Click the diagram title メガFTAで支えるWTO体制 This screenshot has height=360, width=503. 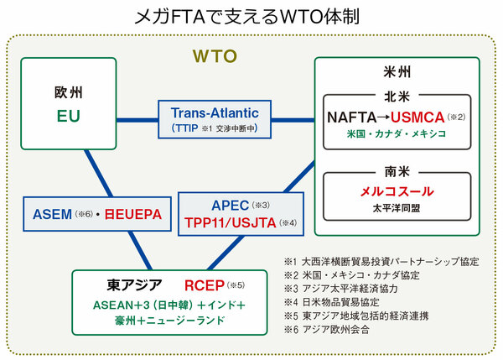[251, 16]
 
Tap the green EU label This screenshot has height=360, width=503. [69, 115]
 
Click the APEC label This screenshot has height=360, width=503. [224, 204]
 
